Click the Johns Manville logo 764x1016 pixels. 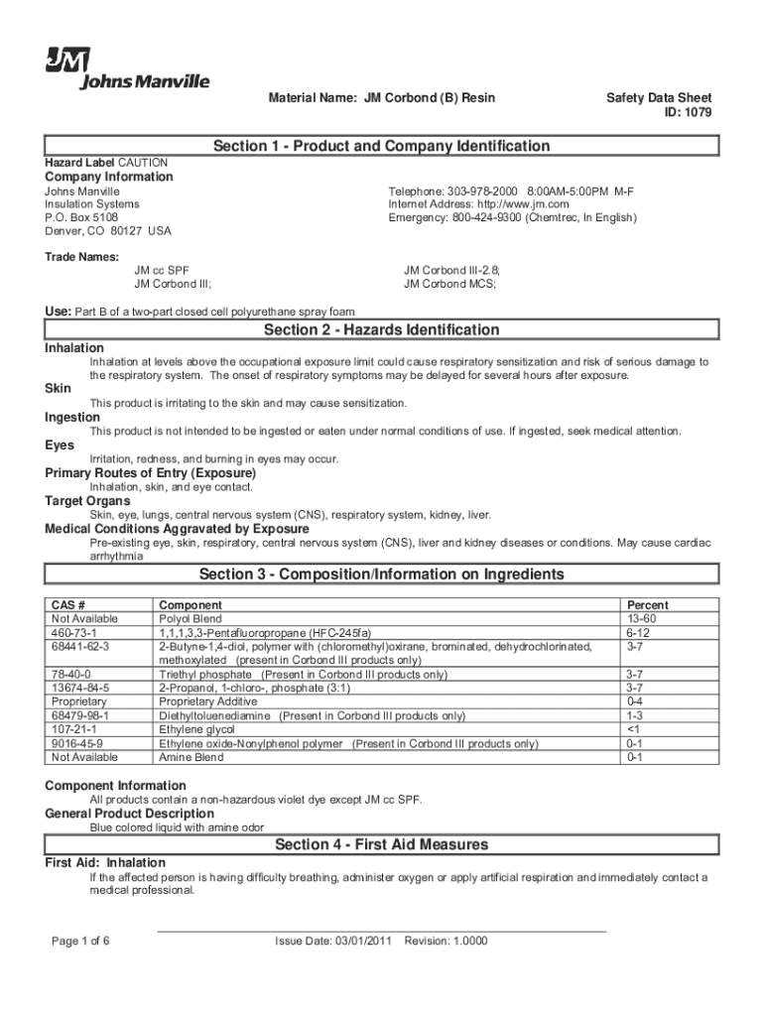[x=125, y=67]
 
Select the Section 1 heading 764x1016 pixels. [x=381, y=146]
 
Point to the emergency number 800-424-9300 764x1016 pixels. [x=487, y=218]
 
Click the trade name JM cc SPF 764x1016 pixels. [x=162, y=270]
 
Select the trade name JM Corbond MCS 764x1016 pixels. [x=449, y=284]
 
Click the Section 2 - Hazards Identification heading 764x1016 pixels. [x=381, y=329]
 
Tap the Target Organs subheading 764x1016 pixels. [x=87, y=501]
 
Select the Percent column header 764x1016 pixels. [x=648, y=604]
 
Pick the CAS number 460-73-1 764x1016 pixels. [x=72, y=632]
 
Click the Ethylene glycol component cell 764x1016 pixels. [x=196, y=729]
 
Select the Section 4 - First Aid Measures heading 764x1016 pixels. [x=381, y=844]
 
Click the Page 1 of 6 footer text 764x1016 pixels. [x=79, y=941]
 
